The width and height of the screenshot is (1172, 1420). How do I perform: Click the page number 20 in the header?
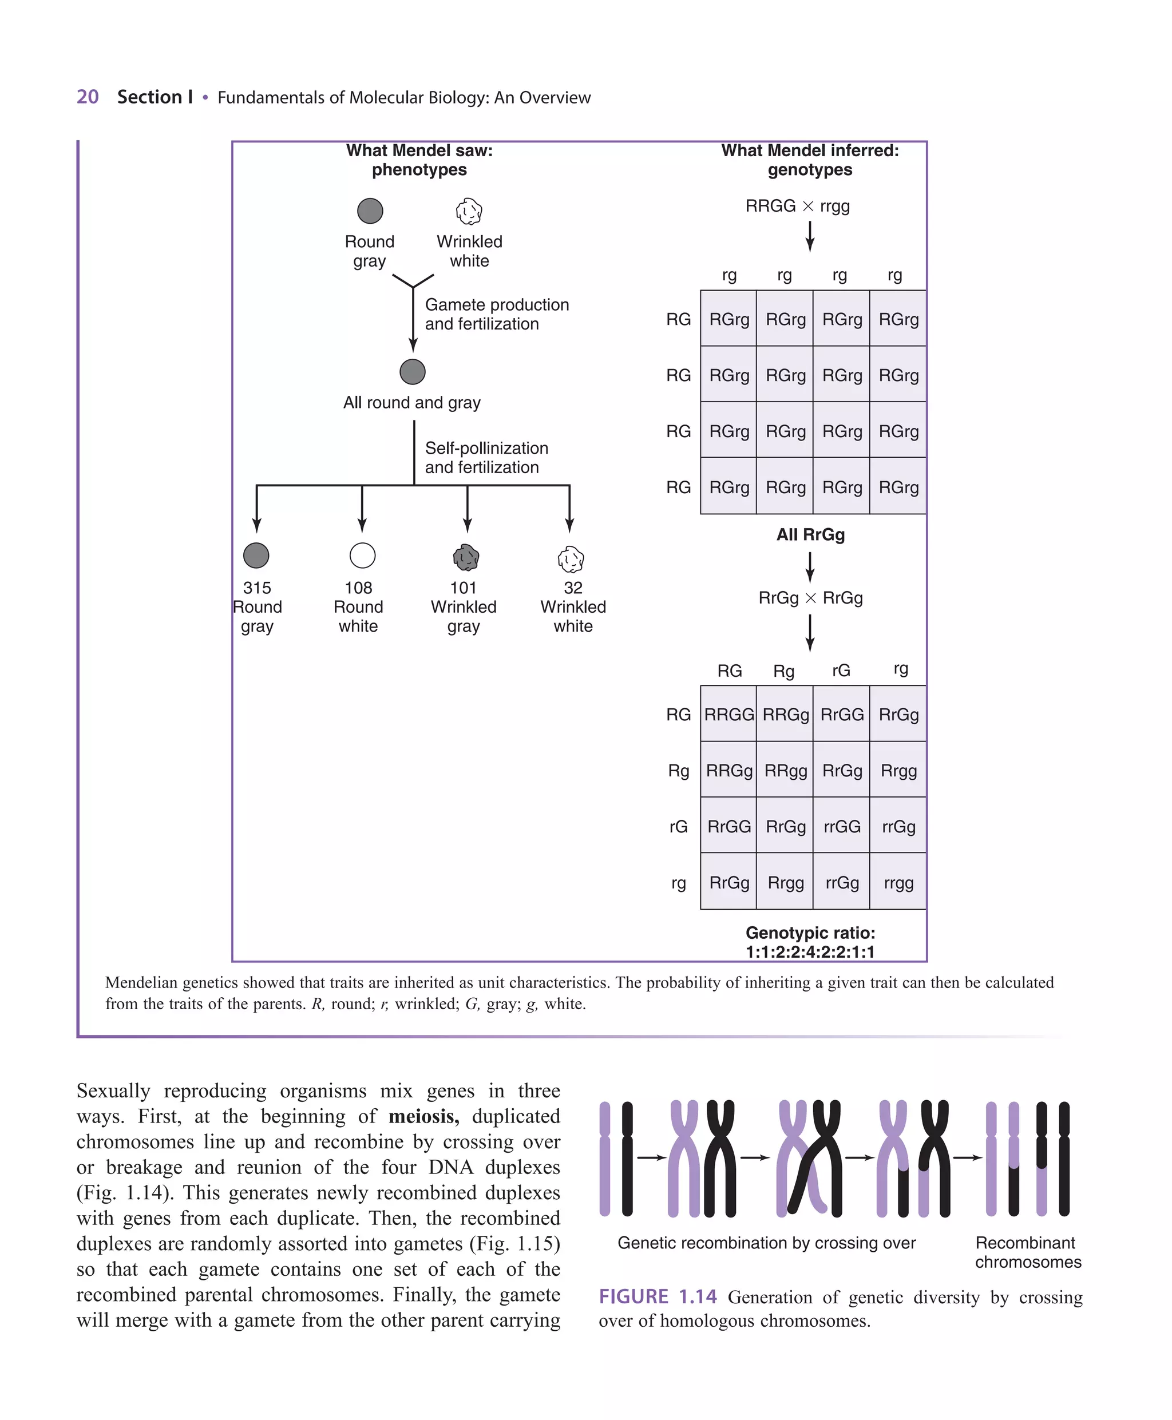88,97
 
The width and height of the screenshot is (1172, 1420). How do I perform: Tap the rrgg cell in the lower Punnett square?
898,883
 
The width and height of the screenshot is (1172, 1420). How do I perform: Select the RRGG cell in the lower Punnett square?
728,715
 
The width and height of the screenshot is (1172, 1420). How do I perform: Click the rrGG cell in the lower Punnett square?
842,827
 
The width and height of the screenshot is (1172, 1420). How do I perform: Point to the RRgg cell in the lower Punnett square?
786,771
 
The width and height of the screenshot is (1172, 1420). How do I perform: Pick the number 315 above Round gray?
257,588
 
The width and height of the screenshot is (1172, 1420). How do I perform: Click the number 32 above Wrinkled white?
573,588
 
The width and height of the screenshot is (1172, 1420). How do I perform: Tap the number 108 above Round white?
358,588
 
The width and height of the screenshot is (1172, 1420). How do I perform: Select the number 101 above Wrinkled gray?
464,588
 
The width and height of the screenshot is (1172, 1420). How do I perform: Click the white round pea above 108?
363,556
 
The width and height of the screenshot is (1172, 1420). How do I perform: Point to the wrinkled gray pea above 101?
466,557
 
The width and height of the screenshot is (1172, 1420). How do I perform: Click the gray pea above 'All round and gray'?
413,372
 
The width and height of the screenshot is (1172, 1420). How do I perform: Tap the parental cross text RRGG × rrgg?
797,206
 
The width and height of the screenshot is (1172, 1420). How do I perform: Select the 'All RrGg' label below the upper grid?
810,534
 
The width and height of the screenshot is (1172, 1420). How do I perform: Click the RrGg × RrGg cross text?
810,598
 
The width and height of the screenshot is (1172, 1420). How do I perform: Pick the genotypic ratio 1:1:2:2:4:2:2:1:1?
810,951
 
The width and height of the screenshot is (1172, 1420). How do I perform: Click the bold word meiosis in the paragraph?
423,1116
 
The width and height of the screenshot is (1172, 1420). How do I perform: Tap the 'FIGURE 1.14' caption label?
658,1296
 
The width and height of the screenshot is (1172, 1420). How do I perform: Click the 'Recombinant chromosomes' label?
1028,1252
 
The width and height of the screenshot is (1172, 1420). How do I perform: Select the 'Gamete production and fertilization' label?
497,315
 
